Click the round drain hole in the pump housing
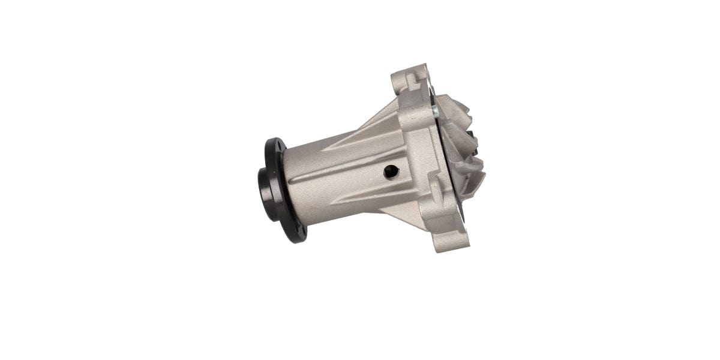coord(391,172)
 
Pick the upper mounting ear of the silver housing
coord(413,87)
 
